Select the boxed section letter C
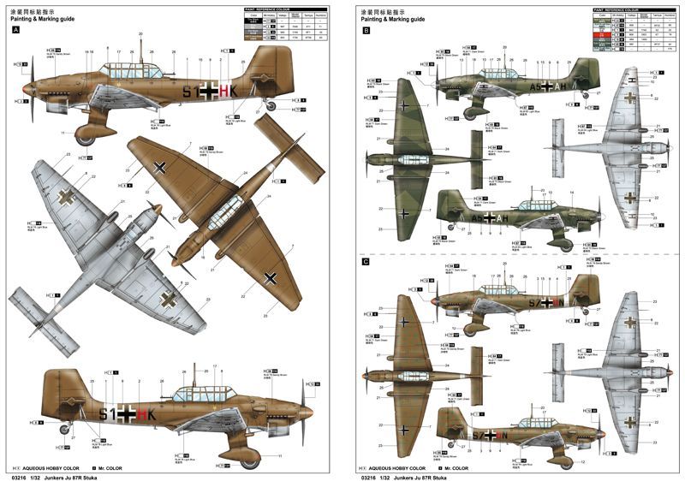pyautogui.click(x=366, y=261)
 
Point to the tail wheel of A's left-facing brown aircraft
pyautogui.click(x=271, y=107)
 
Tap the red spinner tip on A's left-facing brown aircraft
pyautogui.click(x=26, y=87)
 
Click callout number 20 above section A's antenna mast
pyautogui.click(x=140, y=33)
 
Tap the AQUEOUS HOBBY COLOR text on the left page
pyautogui.click(x=53, y=468)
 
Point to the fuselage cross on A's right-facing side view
pyautogui.click(x=127, y=415)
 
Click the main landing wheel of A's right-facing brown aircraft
pyautogui.click(x=249, y=460)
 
